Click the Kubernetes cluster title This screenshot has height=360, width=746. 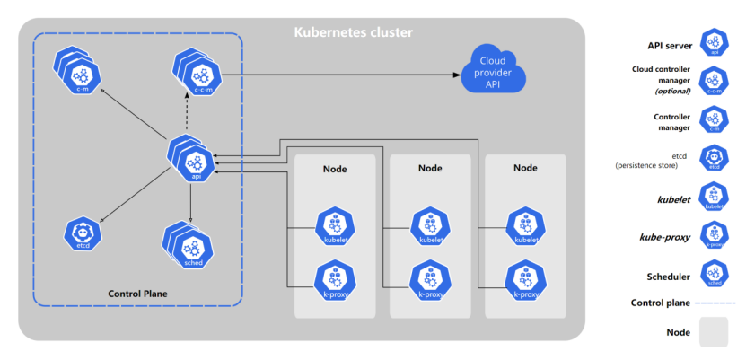353,33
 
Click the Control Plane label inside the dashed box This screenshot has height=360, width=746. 137,294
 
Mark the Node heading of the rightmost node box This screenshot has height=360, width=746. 525,168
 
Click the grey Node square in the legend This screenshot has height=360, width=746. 714,332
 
